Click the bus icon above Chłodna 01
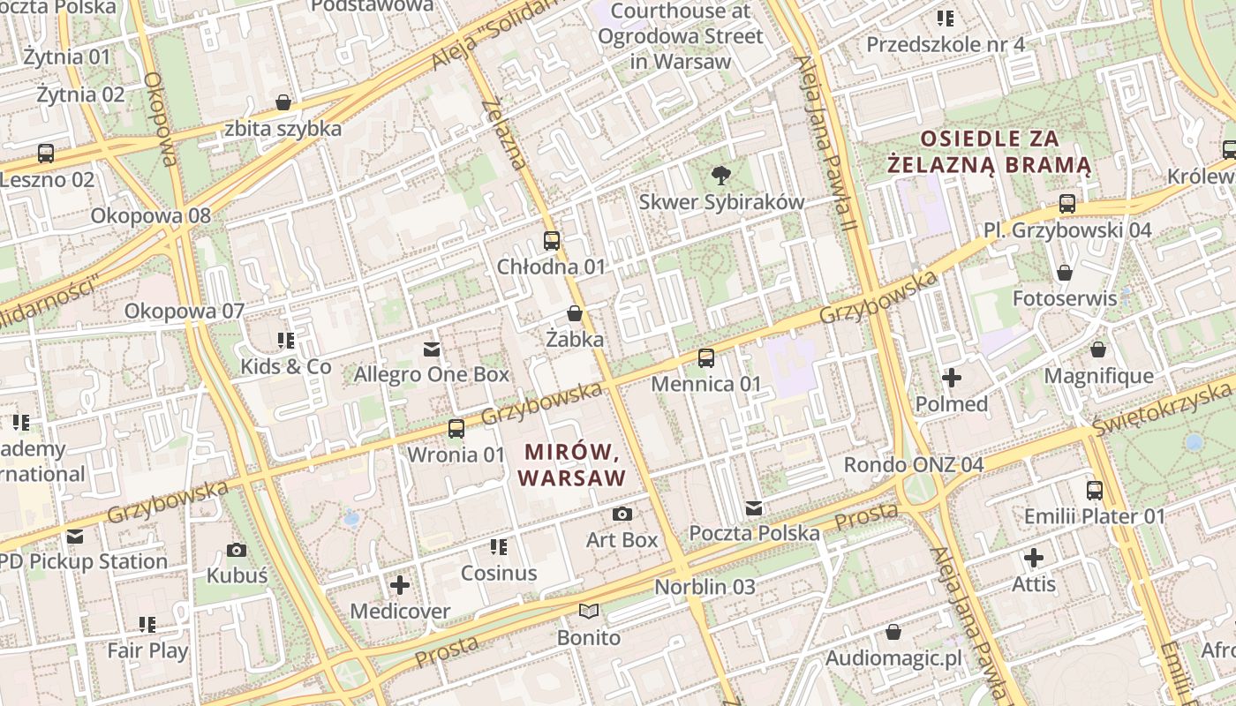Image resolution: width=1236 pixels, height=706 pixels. pyautogui.click(x=552, y=240)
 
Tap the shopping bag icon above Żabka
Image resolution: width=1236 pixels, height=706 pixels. pyautogui.click(x=575, y=313)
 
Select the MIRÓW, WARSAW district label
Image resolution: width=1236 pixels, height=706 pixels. pyautogui.click(x=571, y=465)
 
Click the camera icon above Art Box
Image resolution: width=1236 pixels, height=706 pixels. pyautogui.click(x=622, y=514)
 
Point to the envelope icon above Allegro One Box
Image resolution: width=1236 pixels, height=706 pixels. pyautogui.click(x=432, y=349)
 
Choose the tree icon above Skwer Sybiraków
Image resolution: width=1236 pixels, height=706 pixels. pyautogui.click(x=721, y=176)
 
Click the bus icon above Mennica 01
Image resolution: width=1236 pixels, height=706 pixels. pyautogui.click(x=706, y=358)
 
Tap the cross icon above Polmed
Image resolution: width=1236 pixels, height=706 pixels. pyautogui.click(x=952, y=379)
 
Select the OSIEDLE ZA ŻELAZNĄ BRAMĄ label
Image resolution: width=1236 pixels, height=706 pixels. pyautogui.click(x=990, y=152)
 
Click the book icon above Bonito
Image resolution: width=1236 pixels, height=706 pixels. pyautogui.click(x=589, y=612)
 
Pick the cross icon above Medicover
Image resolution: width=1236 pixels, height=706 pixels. pyautogui.click(x=400, y=585)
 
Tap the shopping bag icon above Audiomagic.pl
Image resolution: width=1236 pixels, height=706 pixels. pyautogui.click(x=893, y=633)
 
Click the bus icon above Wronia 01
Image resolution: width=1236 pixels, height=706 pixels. pyautogui.click(x=456, y=429)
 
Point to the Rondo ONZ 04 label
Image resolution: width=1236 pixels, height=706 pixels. pyautogui.click(x=914, y=465)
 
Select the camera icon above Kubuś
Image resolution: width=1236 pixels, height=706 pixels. pyautogui.click(x=237, y=551)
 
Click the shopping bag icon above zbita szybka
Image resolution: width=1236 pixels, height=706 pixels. pyautogui.click(x=283, y=103)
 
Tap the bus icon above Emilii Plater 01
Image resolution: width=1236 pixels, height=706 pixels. pyautogui.click(x=1095, y=491)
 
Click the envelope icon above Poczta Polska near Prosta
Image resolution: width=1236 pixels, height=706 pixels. pyautogui.click(x=754, y=508)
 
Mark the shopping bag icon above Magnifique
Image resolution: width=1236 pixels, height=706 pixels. pyautogui.click(x=1098, y=350)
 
